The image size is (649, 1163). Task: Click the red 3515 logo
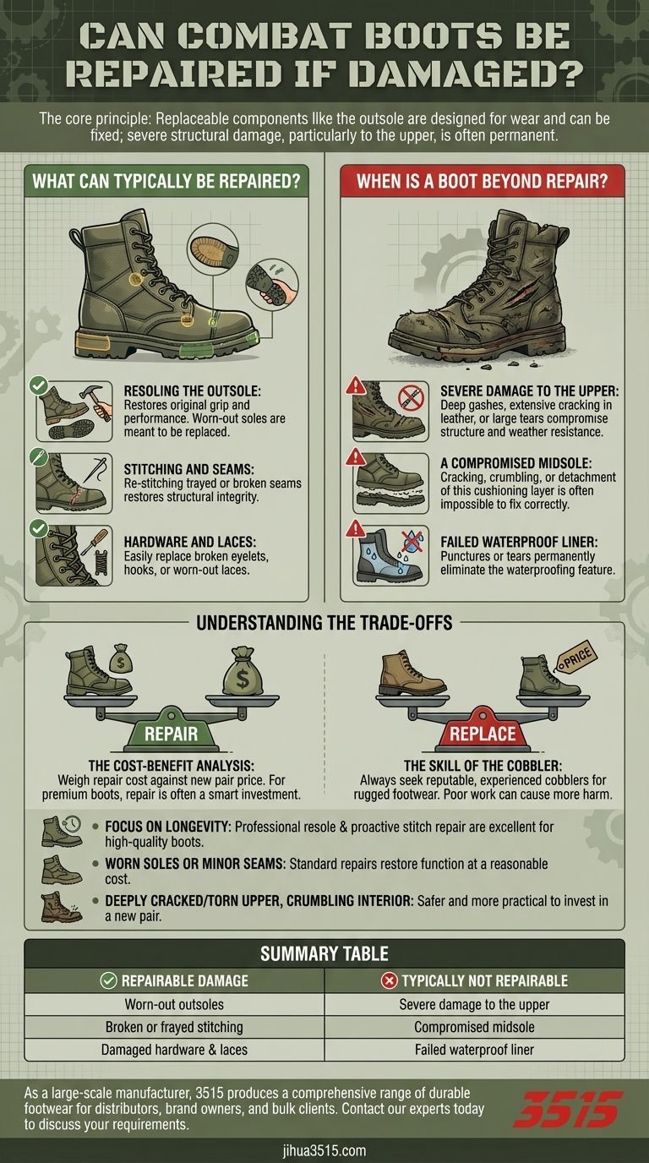pyautogui.click(x=567, y=1108)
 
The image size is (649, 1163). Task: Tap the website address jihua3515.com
pyautogui.click(x=324, y=1150)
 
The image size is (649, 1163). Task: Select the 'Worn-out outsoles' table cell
pyautogui.click(x=174, y=1005)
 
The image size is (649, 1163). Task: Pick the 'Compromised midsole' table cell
pyautogui.click(x=474, y=1027)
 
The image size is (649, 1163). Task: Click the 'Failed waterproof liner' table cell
pyautogui.click(x=474, y=1049)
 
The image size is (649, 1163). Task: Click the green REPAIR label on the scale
pyautogui.click(x=171, y=733)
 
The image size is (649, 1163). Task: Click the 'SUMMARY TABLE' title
pyautogui.click(x=324, y=953)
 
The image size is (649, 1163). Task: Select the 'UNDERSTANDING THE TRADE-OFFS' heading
pyautogui.click(x=324, y=625)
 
